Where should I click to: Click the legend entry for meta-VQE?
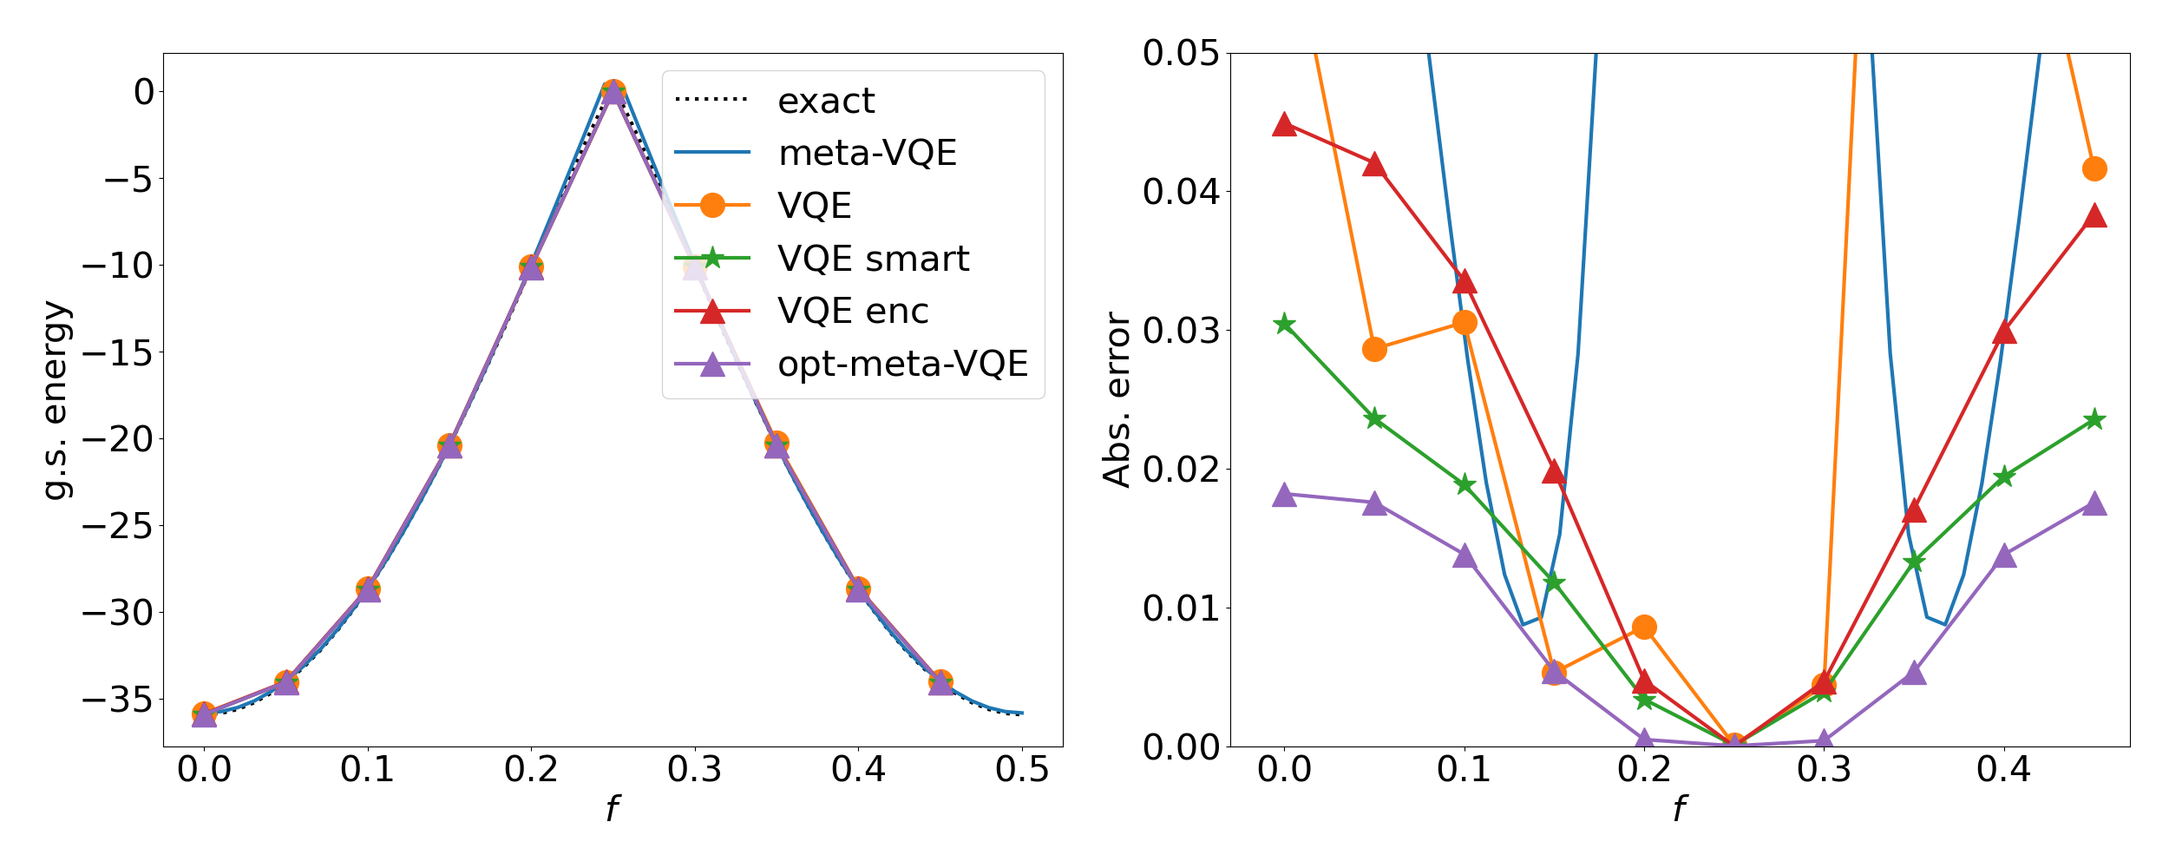click(x=867, y=154)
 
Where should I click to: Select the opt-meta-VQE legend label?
click(x=902, y=364)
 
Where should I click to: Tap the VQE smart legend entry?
click(x=873, y=259)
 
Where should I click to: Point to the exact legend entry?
click(x=826, y=102)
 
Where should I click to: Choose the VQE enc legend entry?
click(x=853, y=311)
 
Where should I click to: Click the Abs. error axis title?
click(x=1117, y=400)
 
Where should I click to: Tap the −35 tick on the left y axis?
click(x=117, y=700)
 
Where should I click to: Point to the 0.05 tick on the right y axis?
click(x=1180, y=54)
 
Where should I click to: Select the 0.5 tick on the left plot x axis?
click(x=1022, y=770)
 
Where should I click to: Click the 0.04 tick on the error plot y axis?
click(x=1180, y=192)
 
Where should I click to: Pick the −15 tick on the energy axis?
click(x=117, y=353)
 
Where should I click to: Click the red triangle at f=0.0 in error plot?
click(x=1284, y=124)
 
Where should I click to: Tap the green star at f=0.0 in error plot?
click(x=1284, y=324)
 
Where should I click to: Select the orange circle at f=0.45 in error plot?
click(x=2094, y=168)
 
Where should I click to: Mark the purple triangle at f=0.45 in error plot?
click(x=2094, y=503)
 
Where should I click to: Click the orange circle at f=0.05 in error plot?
click(x=1374, y=349)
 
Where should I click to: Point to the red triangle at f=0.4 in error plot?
click(x=2004, y=332)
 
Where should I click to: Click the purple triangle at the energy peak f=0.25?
click(x=613, y=92)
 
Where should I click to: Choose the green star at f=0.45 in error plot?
click(x=2094, y=420)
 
